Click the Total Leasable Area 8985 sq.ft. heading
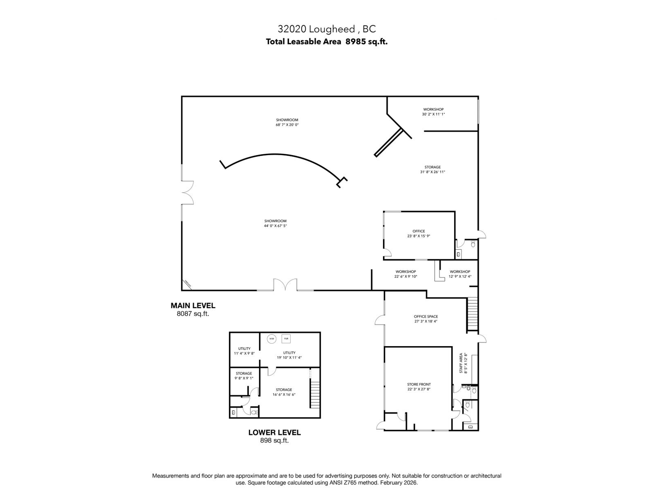pyautogui.click(x=327, y=41)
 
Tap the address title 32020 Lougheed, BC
pyautogui.click(x=327, y=29)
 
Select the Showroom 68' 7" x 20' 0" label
pyautogui.click(x=287, y=122)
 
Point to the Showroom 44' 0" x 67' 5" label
pyautogui.click(x=275, y=223)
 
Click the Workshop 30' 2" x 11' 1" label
pyautogui.click(x=433, y=112)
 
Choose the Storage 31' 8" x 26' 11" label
pyautogui.click(x=432, y=169)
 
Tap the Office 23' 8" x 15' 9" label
pyautogui.click(x=419, y=234)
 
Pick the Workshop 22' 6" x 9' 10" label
pyautogui.click(x=405, y=274)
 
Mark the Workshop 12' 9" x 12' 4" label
pyautogui.click(x=460, y=274)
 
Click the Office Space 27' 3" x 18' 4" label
pyautogui.click(x=426, y=319)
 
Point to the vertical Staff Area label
pyautogui.click(x=463, y=363)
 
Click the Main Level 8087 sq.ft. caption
pyautogui.click(x=193, y=309)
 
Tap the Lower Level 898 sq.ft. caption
pyautogui.click(x=274, y=436)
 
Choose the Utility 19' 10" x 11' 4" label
pyautogui.click(x=289, y=355)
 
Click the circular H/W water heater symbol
pyautogui.click(x=271, y=339)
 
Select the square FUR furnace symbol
pyautogui.click(x=286, y=339)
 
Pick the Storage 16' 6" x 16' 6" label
pyautogui.click(x=284, y=392)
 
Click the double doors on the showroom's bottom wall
pyautogui.click(x=285, y=285)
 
